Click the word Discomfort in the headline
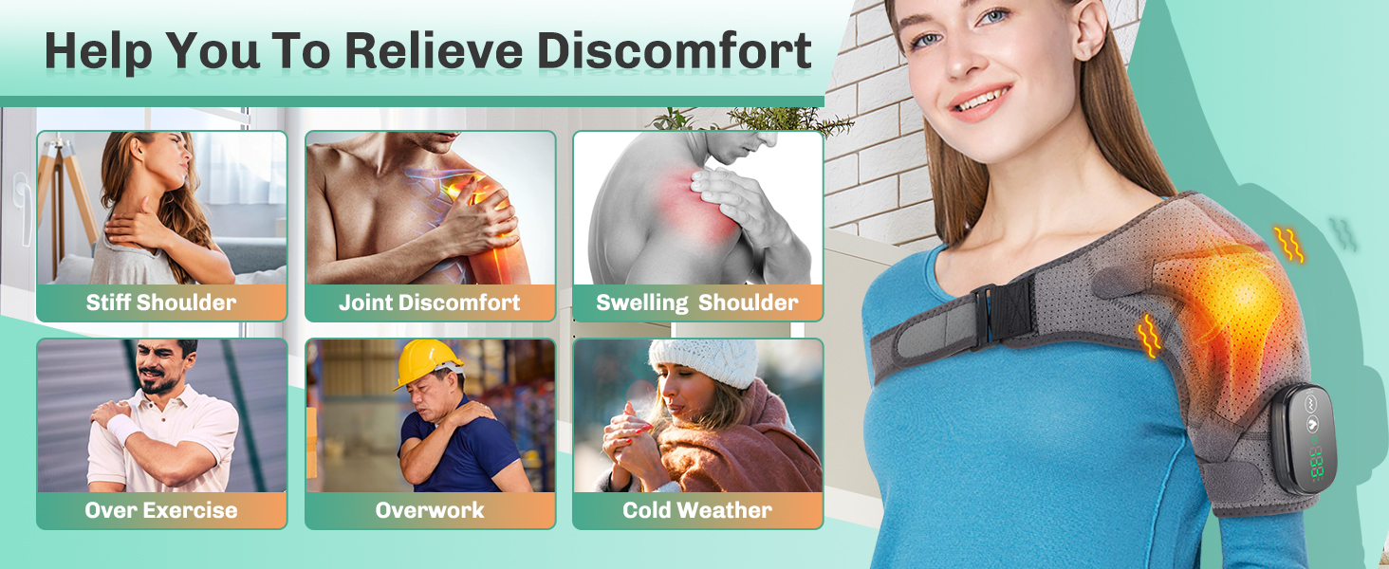click(674, 50)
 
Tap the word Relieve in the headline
click(434, 50)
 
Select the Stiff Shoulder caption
click(161, 303)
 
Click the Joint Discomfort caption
click(429, 303)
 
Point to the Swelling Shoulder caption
click(697, 303)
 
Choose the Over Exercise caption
click(161, 510)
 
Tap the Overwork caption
click(429, 510)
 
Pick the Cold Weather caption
click(697, 510)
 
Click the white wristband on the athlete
click(124, 428)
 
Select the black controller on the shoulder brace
click(1303, 439)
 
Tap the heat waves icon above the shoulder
click(1288, 244)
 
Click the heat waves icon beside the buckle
click(1148, 336)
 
